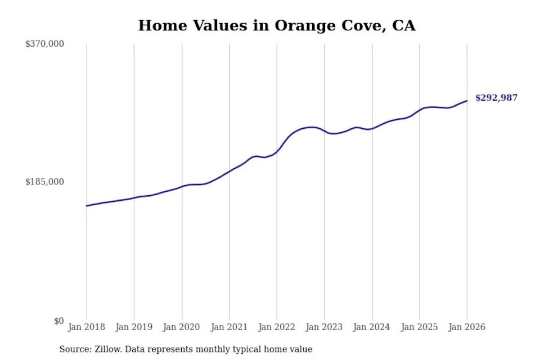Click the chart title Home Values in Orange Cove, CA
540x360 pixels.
(x=277, y=25)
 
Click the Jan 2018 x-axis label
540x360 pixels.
(x=87, y=327)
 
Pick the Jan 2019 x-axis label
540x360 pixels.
(x=134, y=327)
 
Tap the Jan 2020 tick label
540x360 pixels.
(x=182, y=327)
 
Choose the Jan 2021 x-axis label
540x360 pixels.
(x=229, y=327)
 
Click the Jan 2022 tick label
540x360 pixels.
(x=277, y=327)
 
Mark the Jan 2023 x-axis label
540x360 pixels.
(x=324, y=327)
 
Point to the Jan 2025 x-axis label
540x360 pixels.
(x=419, y=327)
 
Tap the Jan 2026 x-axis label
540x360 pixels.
(x=467, y=327)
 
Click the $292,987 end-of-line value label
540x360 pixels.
(x=496, y=98)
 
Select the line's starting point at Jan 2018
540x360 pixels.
(x=87, y=206)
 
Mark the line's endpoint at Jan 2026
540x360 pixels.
(x=467, y=101)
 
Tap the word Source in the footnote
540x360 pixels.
(x=74, y=349)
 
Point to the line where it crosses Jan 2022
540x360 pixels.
(x=277, y=151)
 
